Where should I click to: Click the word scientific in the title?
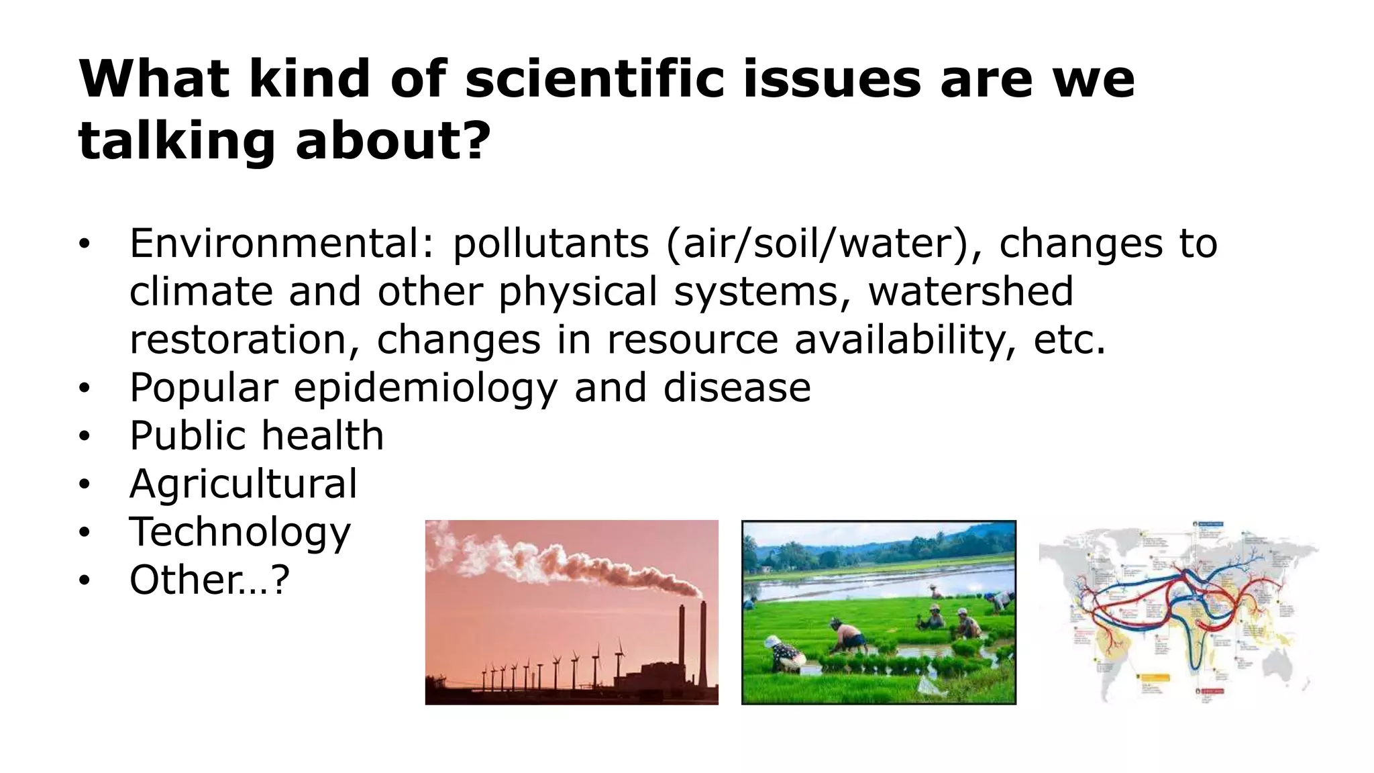tap(594, 79)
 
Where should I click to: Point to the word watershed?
tap(970, 291)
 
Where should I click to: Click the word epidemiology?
tap(425, 388)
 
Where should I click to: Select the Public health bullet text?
tap(256, 436)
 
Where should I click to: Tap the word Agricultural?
tap(243, 484)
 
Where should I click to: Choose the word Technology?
tap(240, 533)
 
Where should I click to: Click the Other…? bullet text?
tap(209, 580)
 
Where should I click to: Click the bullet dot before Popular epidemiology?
tap(83, 389)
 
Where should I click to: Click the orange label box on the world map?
tap(1155, 678)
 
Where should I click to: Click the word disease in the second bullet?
tap(737, 388)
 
